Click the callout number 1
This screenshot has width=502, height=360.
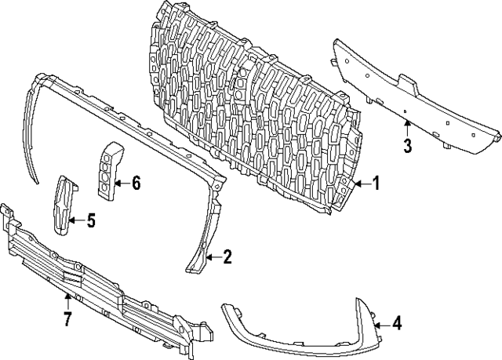pos(375,184)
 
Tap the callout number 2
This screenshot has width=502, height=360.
pos(227,256)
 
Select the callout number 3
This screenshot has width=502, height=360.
pos(407,145)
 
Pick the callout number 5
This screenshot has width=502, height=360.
pos(90,221)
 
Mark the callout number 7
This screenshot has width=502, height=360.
pos(67,318)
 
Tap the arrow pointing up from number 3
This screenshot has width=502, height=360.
pos(406,129)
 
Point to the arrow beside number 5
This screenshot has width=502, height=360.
pos(75,221)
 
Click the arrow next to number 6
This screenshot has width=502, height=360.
pos(120,184)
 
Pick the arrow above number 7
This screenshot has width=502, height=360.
pos(67,301)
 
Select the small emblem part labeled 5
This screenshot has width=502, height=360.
pos(62,205)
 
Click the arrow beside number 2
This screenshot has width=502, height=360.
pos(211,256)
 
